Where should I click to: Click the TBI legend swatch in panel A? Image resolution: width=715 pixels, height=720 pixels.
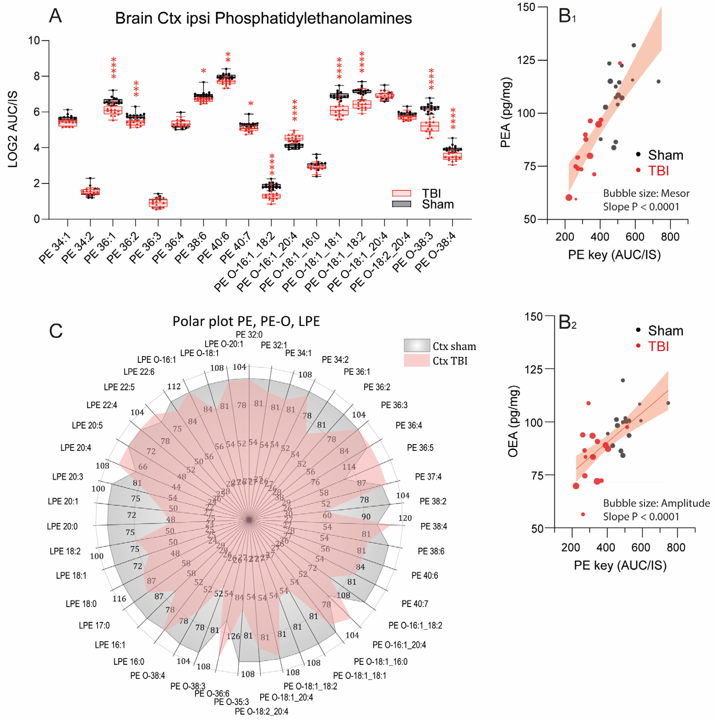coord(402,193)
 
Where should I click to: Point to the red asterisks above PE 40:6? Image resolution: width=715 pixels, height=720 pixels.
coord(228,58)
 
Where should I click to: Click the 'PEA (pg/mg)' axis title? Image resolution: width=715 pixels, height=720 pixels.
coord(505,113)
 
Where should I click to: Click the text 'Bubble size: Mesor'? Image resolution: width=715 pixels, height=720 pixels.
coord(646,193)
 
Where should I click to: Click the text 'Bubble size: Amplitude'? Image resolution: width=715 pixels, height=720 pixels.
coord(656,503)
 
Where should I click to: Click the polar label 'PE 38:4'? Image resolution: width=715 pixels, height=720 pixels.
coord(434,526)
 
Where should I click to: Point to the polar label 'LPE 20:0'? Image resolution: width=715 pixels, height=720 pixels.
coord(62,526)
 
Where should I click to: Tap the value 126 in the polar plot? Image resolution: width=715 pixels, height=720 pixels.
coord(233,636)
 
